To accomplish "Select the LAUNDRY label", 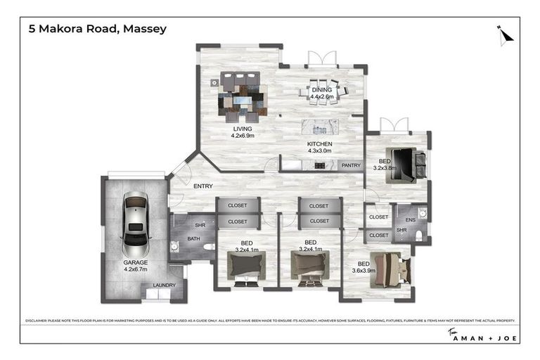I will click(165, 285).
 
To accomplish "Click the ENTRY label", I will click(203, 185).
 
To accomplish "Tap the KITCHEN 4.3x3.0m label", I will click(319, 148).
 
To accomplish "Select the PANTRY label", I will click(350, 165).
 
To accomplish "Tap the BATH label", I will click(193, 239).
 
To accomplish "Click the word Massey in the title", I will click(146, 29).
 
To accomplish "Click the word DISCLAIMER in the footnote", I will click(39, 320).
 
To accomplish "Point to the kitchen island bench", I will click(319, 127).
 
